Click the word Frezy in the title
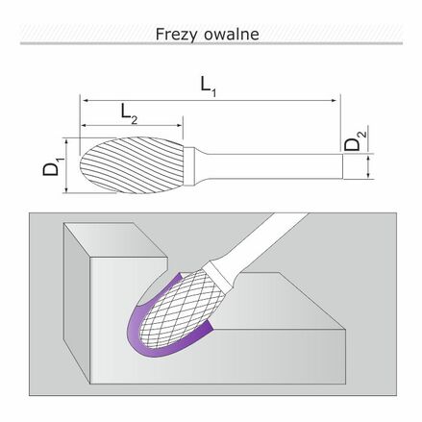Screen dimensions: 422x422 177,35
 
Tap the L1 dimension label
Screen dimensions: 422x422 209,87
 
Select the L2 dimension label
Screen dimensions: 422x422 129,114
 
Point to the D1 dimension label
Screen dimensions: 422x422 53,166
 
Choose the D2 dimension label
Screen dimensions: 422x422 355,141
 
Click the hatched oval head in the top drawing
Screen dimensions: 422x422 132,165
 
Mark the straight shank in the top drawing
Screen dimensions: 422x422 272,166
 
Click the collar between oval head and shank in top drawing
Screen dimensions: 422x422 189,166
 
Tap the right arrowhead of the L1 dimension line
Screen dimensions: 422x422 335,101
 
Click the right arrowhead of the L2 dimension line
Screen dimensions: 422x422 180,125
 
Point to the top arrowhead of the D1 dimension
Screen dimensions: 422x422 66,141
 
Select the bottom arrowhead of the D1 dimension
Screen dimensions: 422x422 66,189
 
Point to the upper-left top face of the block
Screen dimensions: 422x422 115,239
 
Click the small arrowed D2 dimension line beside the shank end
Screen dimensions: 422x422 369,166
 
